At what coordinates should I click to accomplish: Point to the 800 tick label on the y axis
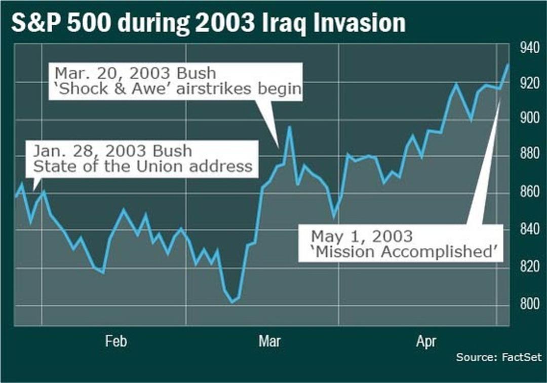[x=530, y=304]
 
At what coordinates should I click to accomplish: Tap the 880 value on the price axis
[x=530, y=154]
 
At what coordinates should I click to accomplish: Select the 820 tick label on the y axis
[x=530, y=266]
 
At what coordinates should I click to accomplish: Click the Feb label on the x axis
[x=116, y=341]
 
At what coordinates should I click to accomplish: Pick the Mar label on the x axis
[x=269, y=341]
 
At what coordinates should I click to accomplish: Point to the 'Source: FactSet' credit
[x=499, y=357]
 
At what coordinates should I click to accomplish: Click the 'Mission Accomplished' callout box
[x=401, y=244]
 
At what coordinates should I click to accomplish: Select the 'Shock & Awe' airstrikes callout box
[x=176, y=81]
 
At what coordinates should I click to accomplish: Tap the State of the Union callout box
[x=143, y=159]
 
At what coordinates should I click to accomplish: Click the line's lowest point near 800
[x=232, y=302]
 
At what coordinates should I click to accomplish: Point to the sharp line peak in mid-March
[x=289, y=127]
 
